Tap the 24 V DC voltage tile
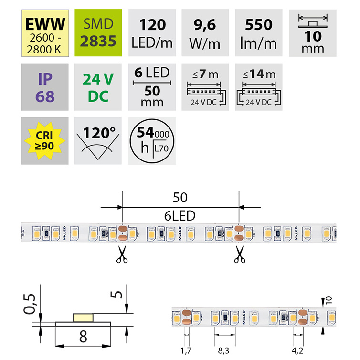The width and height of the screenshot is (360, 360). [98, 87]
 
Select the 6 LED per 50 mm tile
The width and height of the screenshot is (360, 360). [152, 87]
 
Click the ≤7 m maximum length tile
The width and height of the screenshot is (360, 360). [205, 87]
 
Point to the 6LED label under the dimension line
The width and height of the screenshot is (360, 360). [180, 216]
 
